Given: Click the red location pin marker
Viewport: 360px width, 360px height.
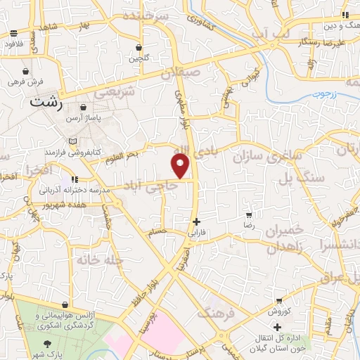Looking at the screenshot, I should [181, 166].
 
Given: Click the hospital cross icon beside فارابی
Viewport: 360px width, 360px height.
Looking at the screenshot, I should [196, 221].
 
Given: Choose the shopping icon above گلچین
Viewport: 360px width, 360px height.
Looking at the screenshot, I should [139, 48].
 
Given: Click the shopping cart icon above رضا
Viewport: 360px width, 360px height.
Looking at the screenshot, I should [248, 214].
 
